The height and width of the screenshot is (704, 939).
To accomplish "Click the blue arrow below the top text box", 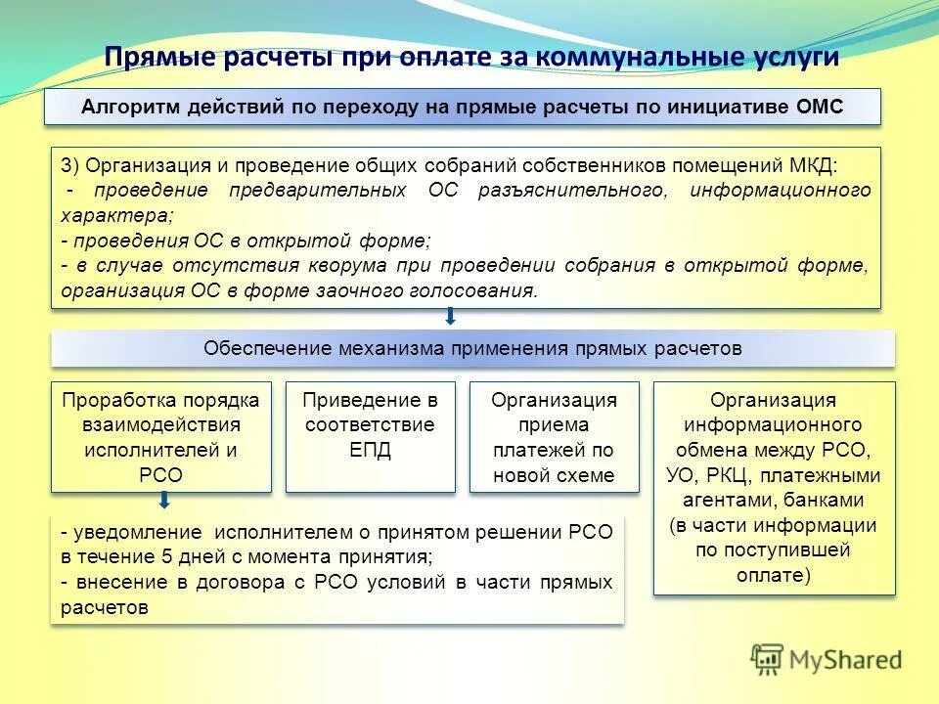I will tap(451, 317).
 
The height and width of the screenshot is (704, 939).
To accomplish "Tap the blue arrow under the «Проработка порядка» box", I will tap(164, 501).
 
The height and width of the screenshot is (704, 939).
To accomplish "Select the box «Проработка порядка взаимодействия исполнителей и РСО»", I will tap(161, 437).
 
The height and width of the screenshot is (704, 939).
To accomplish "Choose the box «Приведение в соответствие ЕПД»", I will tap(370, 437).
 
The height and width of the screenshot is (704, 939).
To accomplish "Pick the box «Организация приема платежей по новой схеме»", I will tap(554, 437).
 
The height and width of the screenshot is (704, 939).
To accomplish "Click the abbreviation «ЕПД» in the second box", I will tap(370, 451).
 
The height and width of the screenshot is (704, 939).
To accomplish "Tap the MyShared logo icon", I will tap(768, 658).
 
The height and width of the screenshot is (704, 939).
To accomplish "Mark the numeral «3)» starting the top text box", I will tap(70, 163).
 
